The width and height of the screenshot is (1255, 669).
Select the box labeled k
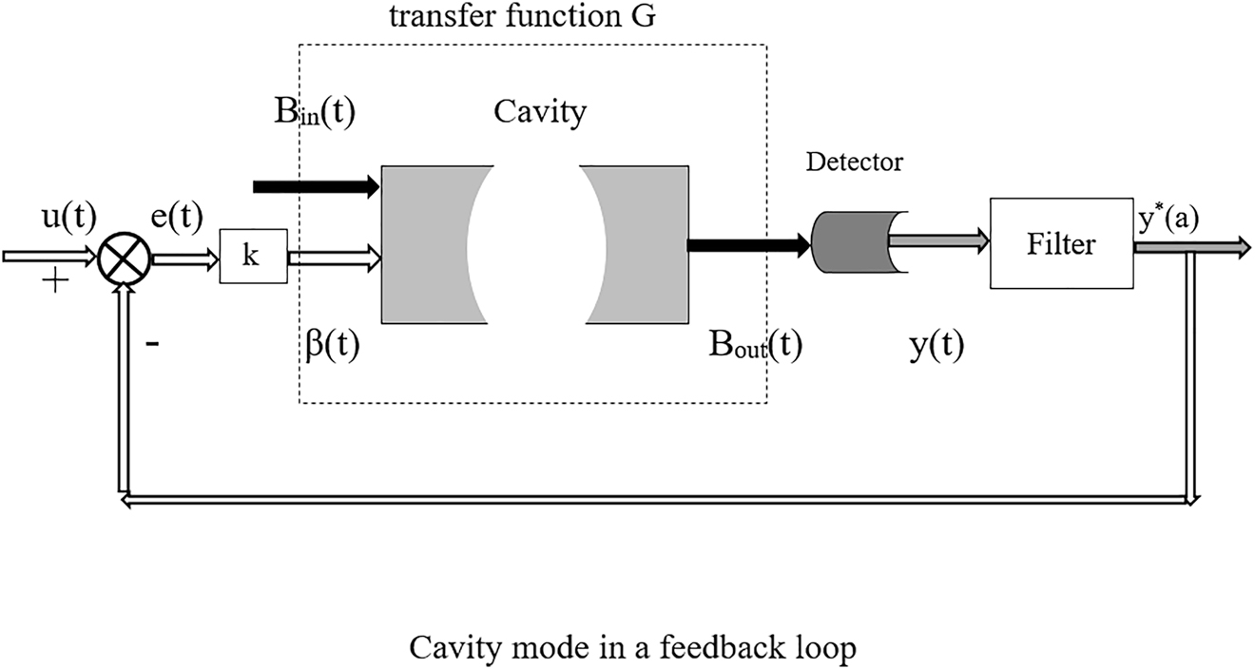253,258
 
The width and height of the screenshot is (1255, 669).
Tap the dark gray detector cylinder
848,242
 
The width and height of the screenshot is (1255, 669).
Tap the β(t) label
328,344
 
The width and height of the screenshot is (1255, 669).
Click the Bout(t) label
755,344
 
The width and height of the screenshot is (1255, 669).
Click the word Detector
854,162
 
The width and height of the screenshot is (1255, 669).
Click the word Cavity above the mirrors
539,113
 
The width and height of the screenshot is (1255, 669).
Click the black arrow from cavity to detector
747,246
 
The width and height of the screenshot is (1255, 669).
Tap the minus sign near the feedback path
152,344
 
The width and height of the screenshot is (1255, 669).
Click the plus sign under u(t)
54,282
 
